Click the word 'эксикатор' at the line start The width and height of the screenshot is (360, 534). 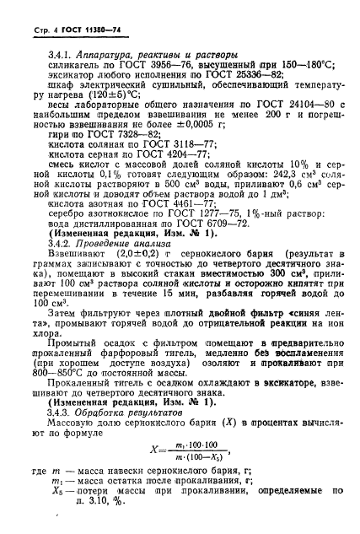[x=70, y=77]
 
